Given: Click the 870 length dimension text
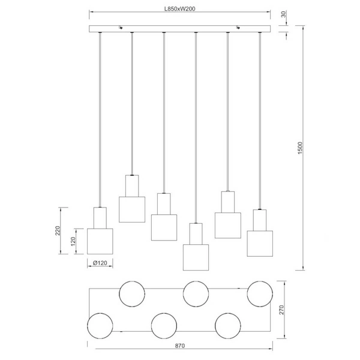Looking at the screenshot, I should pyautogui.click(x=184, y=346).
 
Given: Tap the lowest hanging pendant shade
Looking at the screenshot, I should pyautogui.click(x=196, y=257).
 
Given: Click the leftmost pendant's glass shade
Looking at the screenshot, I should pyautogui.click(x=100, y=241).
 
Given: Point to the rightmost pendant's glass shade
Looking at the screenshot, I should pyautogui.click(x=259, y=244).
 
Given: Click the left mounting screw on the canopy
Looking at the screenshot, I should pyautogui.click(x=122, y=27).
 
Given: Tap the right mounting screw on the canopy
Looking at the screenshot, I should pyautogui.click(x=239, y=27).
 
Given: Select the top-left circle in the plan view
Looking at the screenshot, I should pyautogui.click(x=132, y=293).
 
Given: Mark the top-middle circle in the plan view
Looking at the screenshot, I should pyautogui.click(x=196, y=293).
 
